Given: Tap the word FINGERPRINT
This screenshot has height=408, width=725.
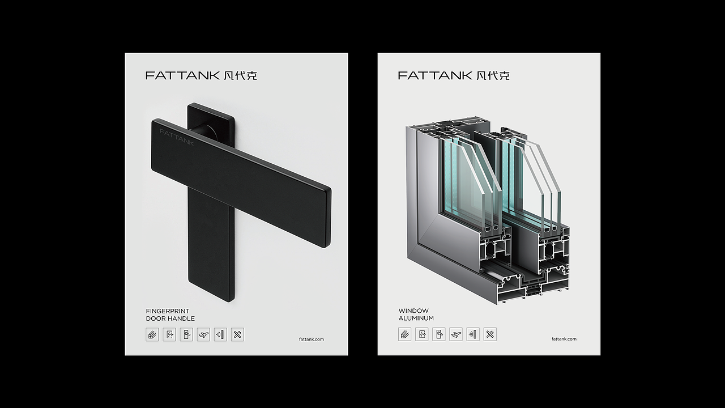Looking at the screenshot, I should coord(168,311).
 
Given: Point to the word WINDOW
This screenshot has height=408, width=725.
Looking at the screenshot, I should coord(413,311).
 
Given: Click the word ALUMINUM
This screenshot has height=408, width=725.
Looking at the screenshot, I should coord(416,318).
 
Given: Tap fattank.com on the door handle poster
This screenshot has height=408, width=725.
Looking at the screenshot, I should coord(311,339).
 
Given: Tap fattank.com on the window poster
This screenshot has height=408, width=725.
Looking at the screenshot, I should coord(564,339).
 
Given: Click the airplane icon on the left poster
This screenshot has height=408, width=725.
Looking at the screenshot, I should coord(203,334).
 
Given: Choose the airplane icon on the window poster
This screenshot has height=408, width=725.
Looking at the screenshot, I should coord(456,334).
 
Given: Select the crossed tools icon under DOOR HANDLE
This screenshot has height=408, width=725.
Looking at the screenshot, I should coord(237,334).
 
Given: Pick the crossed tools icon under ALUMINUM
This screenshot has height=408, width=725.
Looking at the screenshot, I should coord(490,334).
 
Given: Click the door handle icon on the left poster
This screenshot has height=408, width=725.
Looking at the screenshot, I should coord(186,334).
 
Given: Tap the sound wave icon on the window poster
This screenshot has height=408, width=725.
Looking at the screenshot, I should coord(473,334).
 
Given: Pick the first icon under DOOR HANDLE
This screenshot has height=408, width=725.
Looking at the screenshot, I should coord(152,334).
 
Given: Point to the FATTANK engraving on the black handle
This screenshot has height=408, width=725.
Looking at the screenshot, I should coord(177,137).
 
